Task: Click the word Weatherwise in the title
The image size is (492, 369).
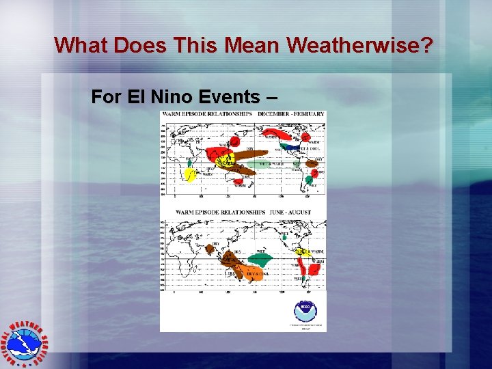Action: point(360,45)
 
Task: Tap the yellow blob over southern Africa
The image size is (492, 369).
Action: point(189,175)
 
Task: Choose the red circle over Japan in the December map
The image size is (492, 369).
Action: point(234,141)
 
